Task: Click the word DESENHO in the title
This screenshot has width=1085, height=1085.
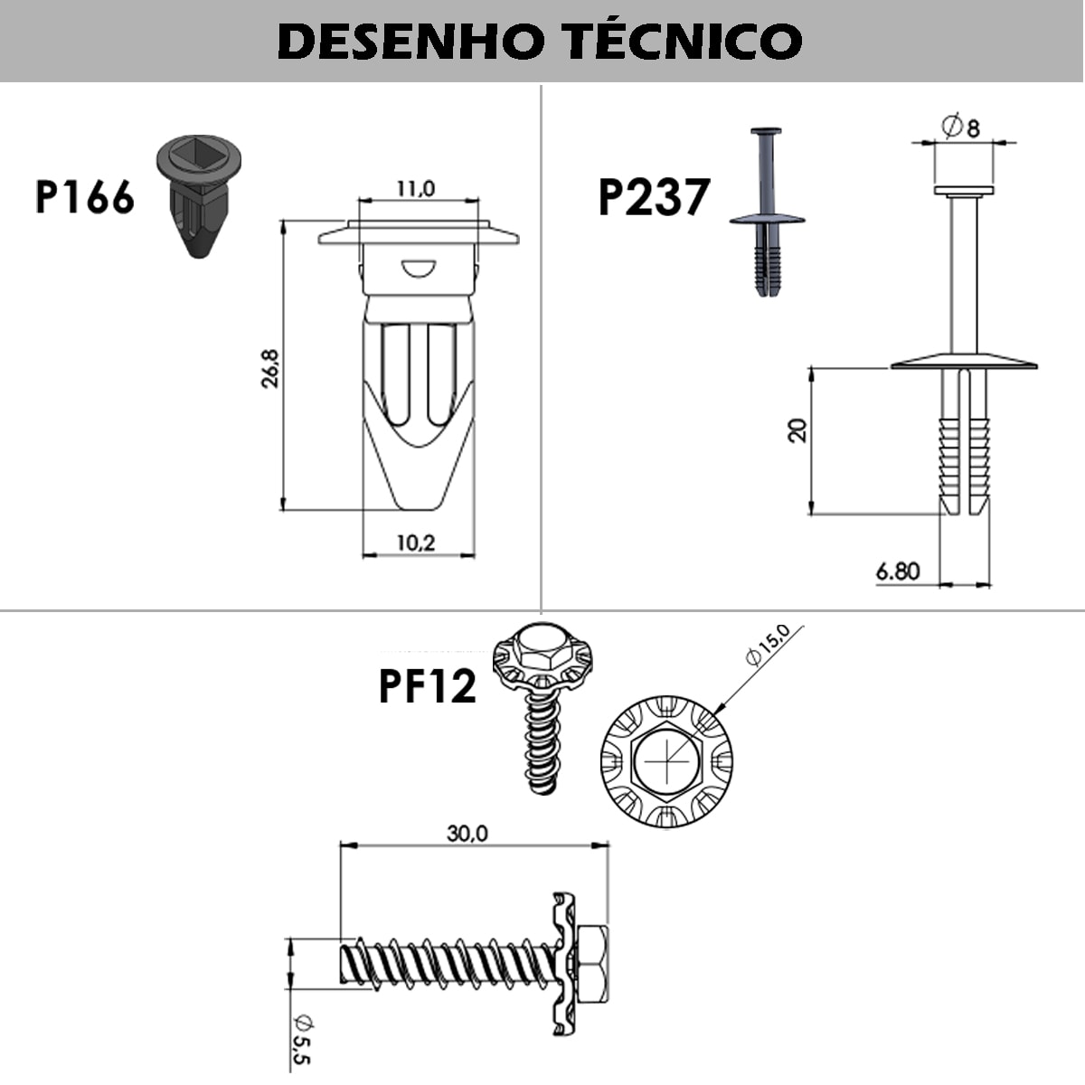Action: click(x=411, y=42)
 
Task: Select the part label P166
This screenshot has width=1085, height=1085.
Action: click(x=85, y=197)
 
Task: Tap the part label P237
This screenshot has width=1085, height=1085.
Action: click(x=654, y=196)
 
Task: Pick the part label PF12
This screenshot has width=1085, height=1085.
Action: click(x=428, y=686)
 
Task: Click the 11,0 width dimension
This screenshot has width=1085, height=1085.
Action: click(x=416, y=189)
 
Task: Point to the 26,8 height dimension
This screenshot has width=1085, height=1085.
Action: click(x=270, y=368)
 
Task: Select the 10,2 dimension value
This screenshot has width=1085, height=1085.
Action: click(x=416, y=542)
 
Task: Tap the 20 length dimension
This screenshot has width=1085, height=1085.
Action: click(x=798, y=430)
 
